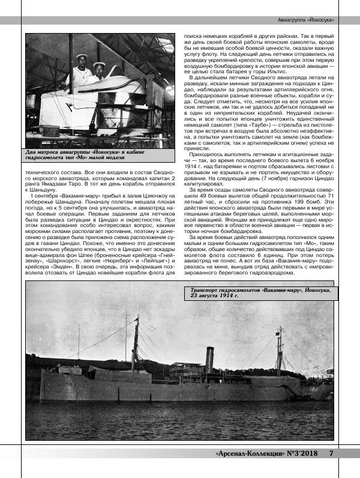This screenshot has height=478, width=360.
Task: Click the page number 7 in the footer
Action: tap(331, 453)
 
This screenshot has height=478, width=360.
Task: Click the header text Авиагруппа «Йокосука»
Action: tap(306, 20)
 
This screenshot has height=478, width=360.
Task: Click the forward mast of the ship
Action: tap(136, 342)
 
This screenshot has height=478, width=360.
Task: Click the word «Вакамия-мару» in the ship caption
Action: tap(272, 289)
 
